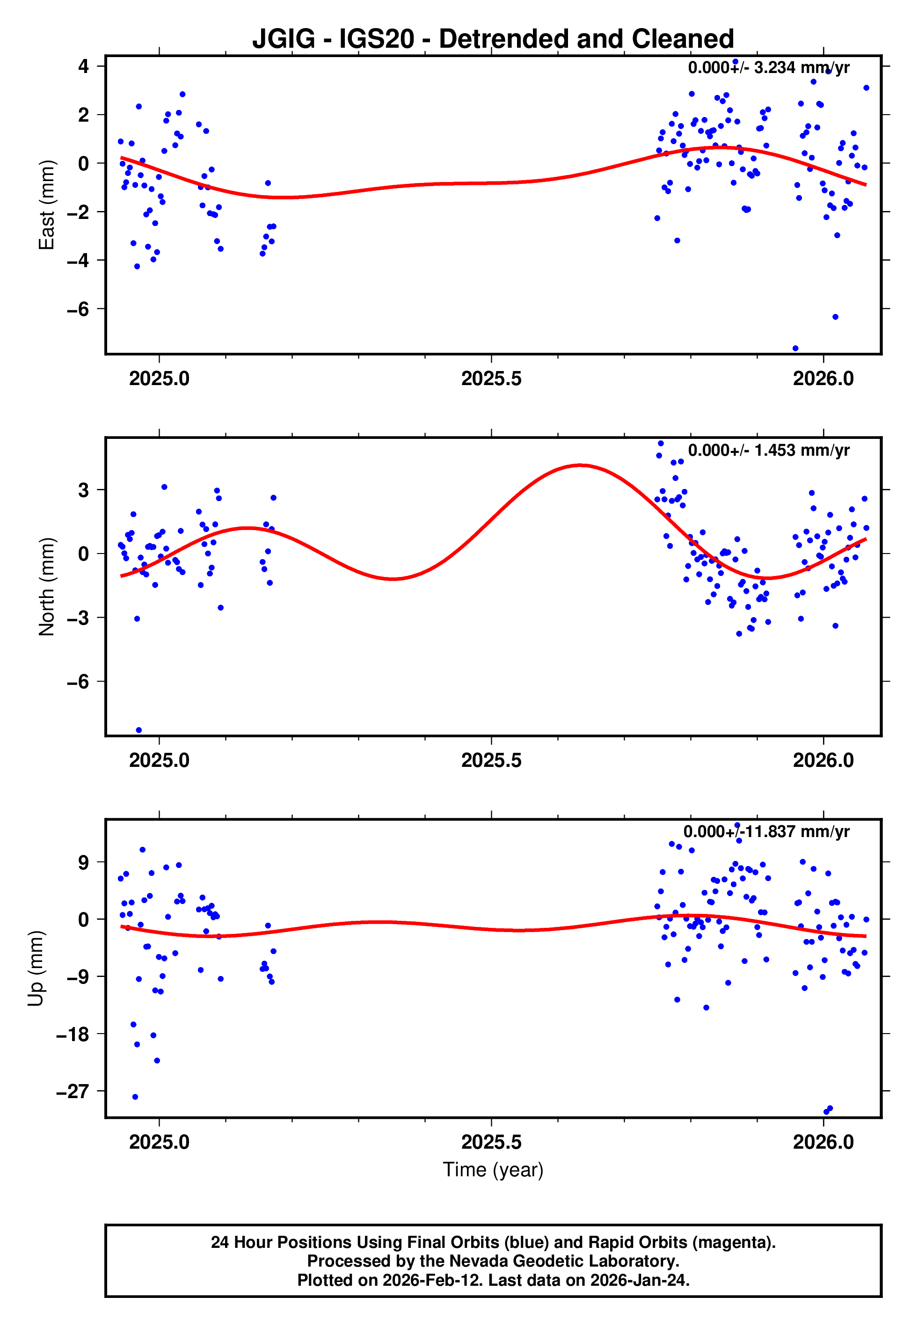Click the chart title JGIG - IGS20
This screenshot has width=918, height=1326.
pos(493,39)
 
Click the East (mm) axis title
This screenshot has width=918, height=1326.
pos(46,205)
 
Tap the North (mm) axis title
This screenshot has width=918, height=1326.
pos(46,587)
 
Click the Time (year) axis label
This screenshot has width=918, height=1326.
pos(493,1170)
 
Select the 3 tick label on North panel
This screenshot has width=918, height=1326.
pos(84,490)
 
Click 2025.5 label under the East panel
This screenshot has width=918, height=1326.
pos(491,379)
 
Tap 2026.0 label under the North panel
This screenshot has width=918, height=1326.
pos(823,760)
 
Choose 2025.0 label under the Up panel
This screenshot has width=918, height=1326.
pos(160,1142)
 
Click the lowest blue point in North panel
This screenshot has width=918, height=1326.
pos(138,730)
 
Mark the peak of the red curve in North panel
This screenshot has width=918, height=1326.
pos(581,465)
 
